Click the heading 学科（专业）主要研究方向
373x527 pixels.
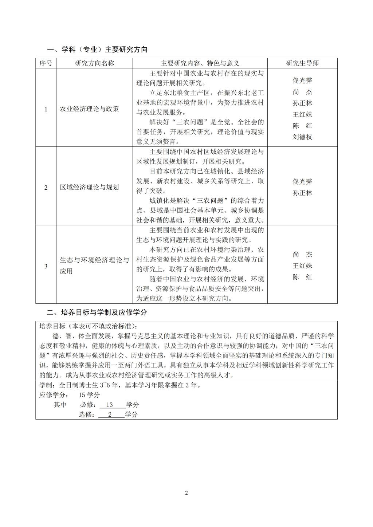(x=97, y=50)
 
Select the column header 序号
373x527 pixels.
(x=46, y=63)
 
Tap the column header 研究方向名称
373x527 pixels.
(x=94, y=63)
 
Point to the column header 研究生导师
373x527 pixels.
(x=302, y=63)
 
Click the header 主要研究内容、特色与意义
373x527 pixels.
(x=200, y=63)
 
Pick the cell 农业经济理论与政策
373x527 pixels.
(x=89, y=109)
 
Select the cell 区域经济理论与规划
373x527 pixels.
(x=89, y=188)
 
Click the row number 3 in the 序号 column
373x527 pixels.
(x=46, y=266)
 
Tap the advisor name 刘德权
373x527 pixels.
(x=302, y=137)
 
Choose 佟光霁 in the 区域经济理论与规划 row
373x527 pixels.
(x=302, y=182)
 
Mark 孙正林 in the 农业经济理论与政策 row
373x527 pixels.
(x=302, y=103)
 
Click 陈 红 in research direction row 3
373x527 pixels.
(x=302, y=277)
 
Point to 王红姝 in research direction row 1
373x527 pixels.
(x=302, y=114)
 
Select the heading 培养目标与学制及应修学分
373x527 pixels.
(x=97, y=312)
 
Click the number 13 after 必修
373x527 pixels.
(x=109, y=405)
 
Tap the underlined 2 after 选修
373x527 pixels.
(x=110, y=414)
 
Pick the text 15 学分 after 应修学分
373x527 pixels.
(x=89, y=395)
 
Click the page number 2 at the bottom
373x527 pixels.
(x=186, y=493)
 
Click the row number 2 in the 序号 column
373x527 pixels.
(x=46, y=188)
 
